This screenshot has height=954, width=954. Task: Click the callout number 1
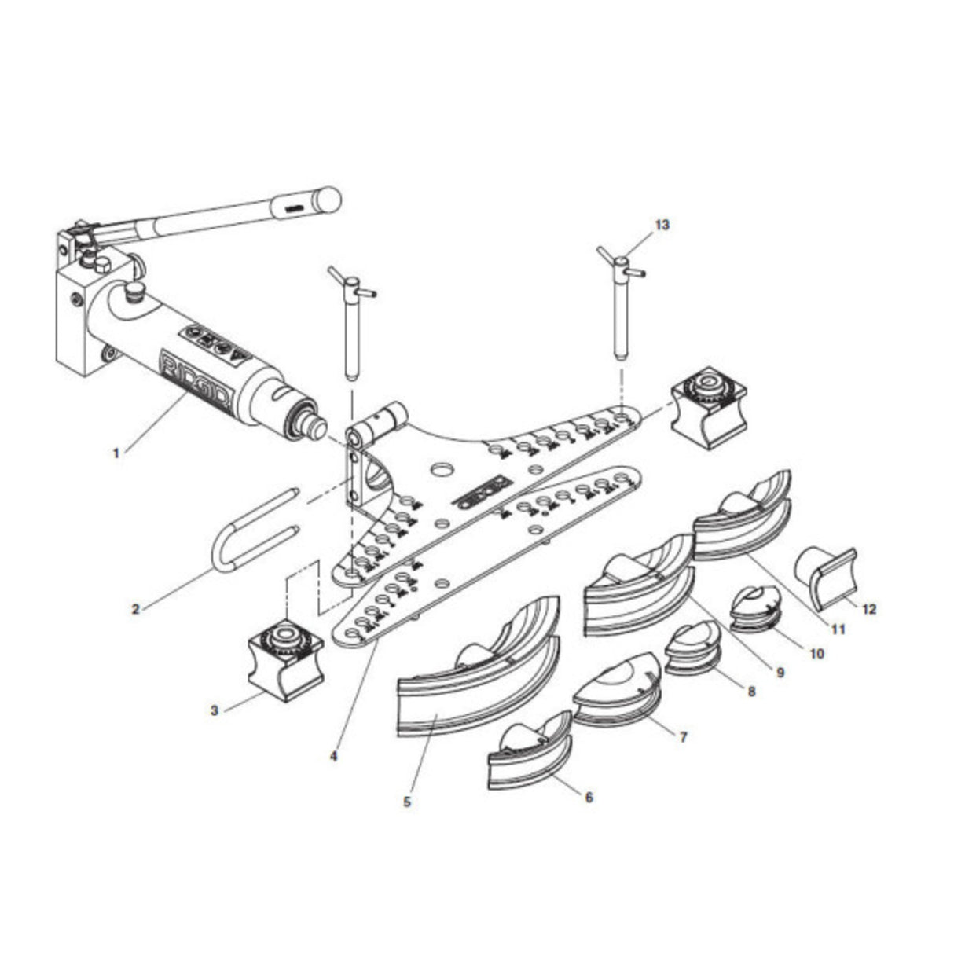pyautogui.click(x=116, y=453)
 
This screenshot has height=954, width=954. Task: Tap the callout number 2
pyautogui.click(x=136, y=608)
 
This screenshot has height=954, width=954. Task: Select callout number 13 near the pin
pyautogui.click(x=662, y=225)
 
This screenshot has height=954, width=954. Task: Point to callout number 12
pyautogui.click(x=868, y=607)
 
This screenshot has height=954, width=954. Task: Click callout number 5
pyautogui.click(x=407, y=802)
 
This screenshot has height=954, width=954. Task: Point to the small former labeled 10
pyautogui.click(x=756, y=608)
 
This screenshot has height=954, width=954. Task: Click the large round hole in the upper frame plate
pyautogui.click(x=442, y=469)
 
